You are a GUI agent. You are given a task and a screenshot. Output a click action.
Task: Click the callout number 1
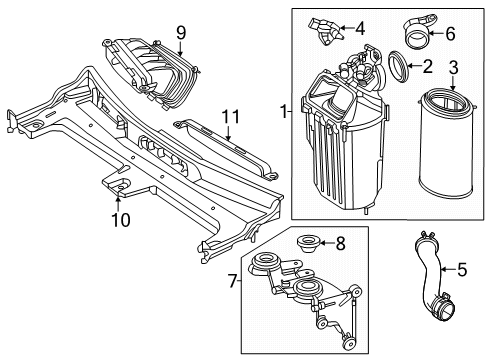point(283,111)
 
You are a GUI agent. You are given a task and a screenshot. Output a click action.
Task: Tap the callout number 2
point(427,66)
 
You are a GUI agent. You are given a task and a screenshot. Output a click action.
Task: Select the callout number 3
point(453,67)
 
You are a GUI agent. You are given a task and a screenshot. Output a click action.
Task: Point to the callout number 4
point(360,28)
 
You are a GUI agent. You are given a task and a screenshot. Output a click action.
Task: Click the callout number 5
point(462,270)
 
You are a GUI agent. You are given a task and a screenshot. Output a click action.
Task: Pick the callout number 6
point(450,34)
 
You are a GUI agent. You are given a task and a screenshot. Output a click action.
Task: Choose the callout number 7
point(232,281)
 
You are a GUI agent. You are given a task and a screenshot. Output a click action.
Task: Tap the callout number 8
point(340,244)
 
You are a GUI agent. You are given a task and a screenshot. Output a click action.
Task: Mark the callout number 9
point(180,33)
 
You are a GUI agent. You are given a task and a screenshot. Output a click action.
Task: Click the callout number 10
point(121,220)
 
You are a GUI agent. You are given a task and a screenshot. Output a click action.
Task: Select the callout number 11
point(231,117)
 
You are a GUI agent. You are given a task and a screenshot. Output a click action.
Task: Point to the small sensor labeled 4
point(326,31)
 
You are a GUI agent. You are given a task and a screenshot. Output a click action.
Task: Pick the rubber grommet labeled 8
point(308,244)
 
